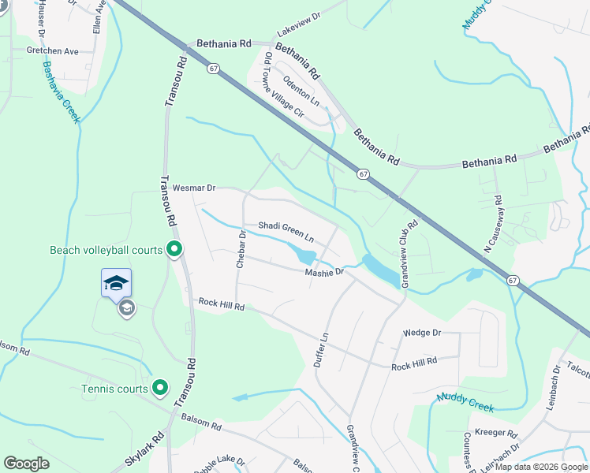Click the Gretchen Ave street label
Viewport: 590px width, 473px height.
[x=53, y=51]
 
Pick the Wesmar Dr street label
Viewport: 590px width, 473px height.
[x=194, y=188]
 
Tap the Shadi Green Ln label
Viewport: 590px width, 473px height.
[x=286, y=231]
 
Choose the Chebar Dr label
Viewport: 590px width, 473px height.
[x=241, y=248]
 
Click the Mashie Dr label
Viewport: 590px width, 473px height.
[x=325, y=272]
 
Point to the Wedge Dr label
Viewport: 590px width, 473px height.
[x=422, y=333]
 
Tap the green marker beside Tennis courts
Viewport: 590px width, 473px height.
[x=159, y=388]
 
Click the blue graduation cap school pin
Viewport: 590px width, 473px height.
[x=116, y=282]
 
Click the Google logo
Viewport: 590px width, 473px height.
[x=26, y=464]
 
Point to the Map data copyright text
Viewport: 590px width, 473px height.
[x=541, y=467]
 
